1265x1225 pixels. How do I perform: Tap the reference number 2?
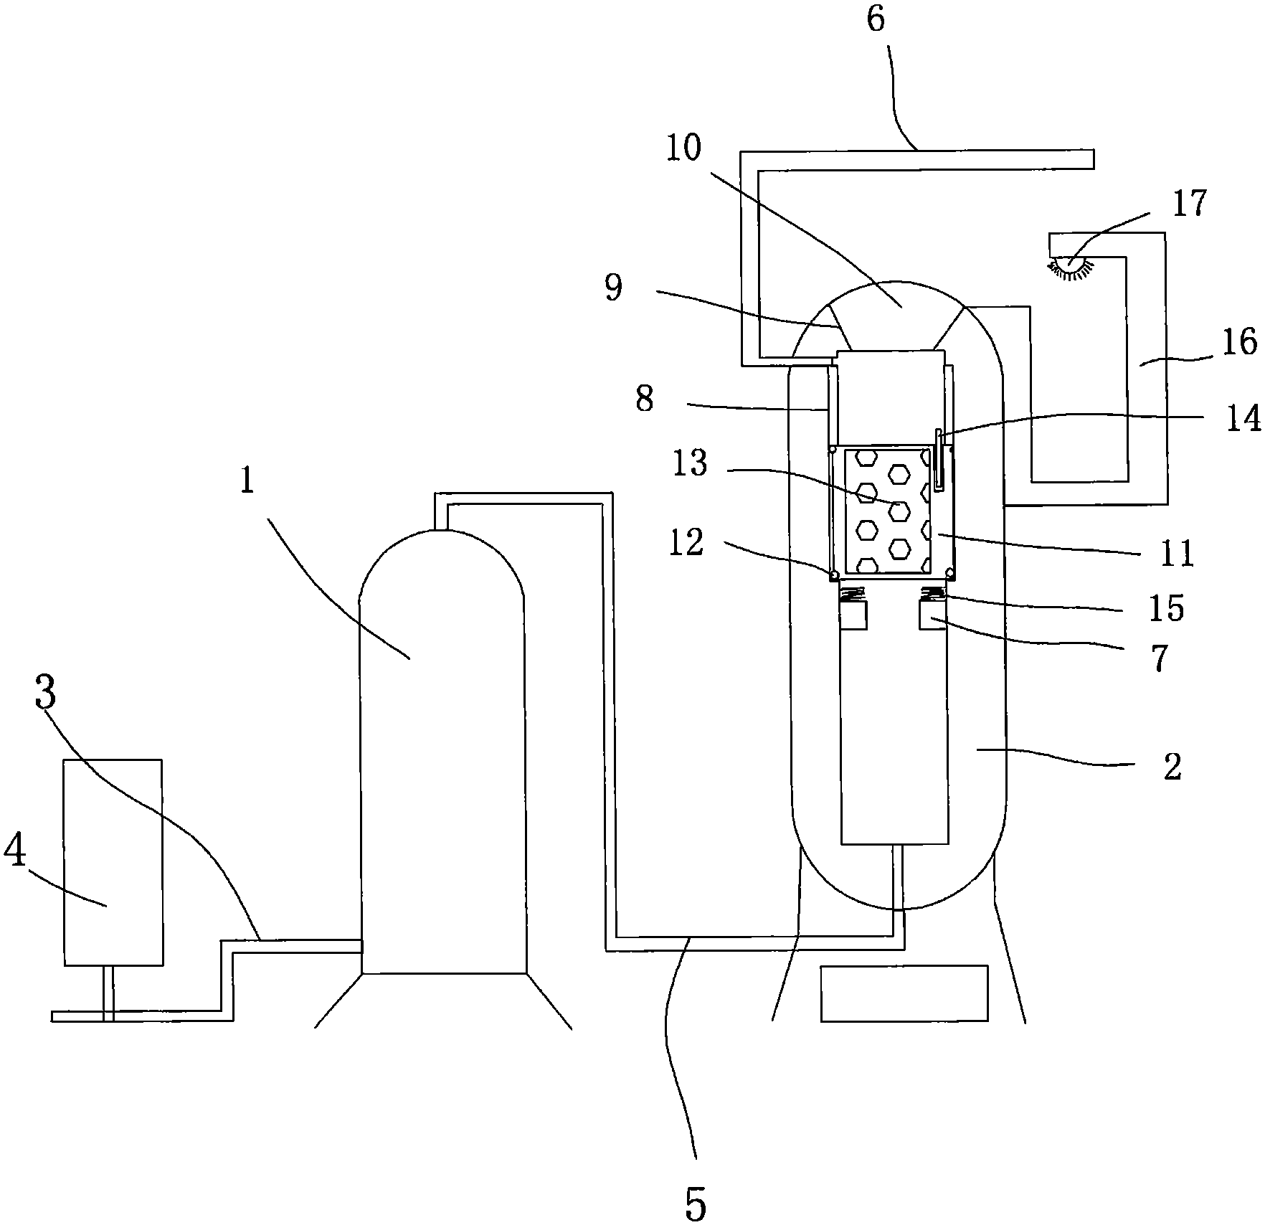click(1172, 767)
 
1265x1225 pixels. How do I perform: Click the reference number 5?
click(696, 1203)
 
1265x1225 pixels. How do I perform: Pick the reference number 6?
click(876, 19)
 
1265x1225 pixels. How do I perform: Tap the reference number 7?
click(1160, 658)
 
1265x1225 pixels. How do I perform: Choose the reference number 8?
click(644, 399)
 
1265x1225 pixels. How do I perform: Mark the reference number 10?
click(683, 149)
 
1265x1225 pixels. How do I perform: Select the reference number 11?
click(1176, 554)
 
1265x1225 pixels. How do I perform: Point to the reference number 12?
click(686, 542)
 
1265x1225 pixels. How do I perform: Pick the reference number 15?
click(1166, 608)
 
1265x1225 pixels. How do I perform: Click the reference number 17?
click(1190, 204)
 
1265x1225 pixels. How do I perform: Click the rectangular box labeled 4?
click(113, 863)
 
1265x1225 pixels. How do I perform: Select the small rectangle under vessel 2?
click(904, 993)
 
